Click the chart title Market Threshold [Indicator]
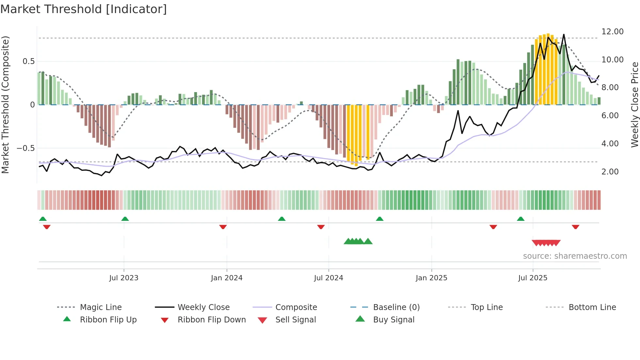coord(84,9)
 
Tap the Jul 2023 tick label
coord(124,278)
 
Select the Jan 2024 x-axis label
coord(227,278)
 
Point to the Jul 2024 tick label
coord(328,278)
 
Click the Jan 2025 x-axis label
coord(431,278)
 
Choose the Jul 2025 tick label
coord(533,278)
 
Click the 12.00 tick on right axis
coord(612,32)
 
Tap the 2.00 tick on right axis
coord(610,172)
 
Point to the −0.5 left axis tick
coord(25,148)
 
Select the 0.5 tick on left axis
coord(28,61)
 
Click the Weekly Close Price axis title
coord(634,105)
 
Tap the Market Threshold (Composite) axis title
coord(5,105)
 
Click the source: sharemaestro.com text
coord(575,256)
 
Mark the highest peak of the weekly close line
coord(564,35)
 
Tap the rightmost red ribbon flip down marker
coord(575,227)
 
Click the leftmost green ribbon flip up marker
coord(43,219)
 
